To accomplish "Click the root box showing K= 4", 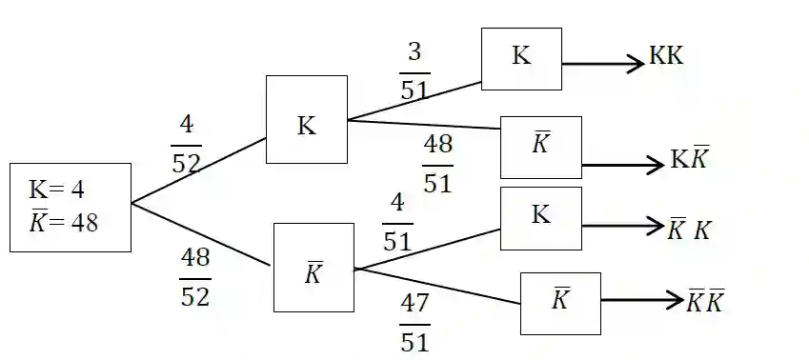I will click(x=70, y=208).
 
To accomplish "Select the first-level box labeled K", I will click(x=306, y=120).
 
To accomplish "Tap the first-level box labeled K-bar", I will click(x=313, y=268).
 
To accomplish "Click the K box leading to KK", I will click(x=521, y=58).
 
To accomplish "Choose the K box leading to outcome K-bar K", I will click(x=540, y=218).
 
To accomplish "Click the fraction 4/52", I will click(x=186, y=145).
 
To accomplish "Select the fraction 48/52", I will click(x=195, y=277).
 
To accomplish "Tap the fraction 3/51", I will click(x=415, y=71).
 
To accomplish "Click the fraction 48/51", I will click(x=437, y=163).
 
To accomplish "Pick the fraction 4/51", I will click(x=397, y=223).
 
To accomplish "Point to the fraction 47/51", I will click(x=415, y=323).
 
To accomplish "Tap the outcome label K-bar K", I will click(x=689, y=229).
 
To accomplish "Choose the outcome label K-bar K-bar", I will click(x=706, y=302).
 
